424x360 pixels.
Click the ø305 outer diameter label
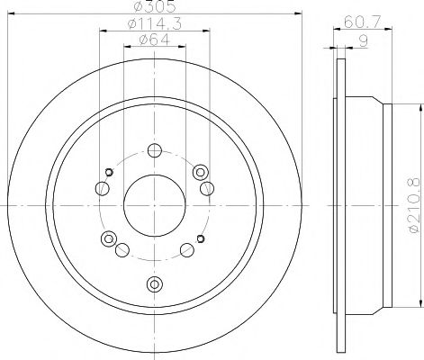tap(154, 9)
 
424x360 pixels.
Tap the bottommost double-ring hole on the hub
tap(154, 284)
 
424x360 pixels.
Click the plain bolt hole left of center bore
tap(102, 189)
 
